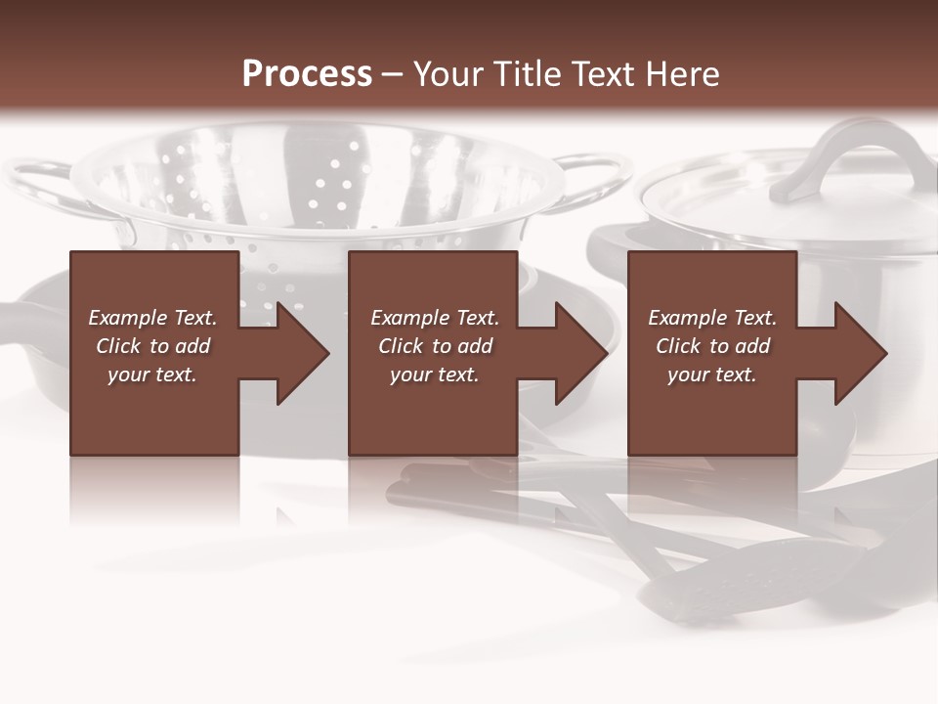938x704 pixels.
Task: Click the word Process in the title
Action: pyautogui.click(x=307, y=74)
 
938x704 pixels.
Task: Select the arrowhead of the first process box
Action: pyautogui.click(x=301, y=353)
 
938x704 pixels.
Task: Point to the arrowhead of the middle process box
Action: pyautogui.click(x=579, y=353)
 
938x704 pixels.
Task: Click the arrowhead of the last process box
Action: pyautogui.click(x=859, y=353)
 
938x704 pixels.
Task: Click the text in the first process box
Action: pyautogui.click(x=152, y=346)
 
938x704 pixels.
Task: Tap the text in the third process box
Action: pyautogui.click(x=712, y=346)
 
